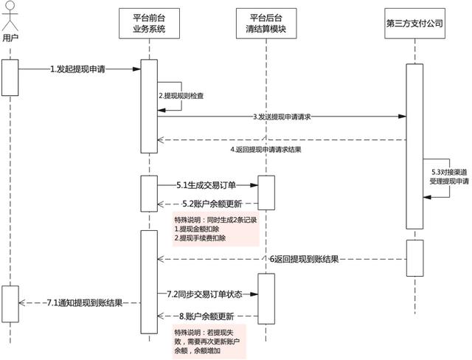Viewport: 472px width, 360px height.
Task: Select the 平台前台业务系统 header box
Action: coord(148,24)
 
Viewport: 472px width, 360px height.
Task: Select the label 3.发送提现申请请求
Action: coord(282,116)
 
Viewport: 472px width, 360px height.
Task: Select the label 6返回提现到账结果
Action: coord(304,259)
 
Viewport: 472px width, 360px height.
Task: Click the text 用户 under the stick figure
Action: coord(10,37)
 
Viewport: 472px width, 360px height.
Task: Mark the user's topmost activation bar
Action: coord(10,77)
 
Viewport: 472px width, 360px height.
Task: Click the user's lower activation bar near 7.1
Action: coord(10,302)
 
